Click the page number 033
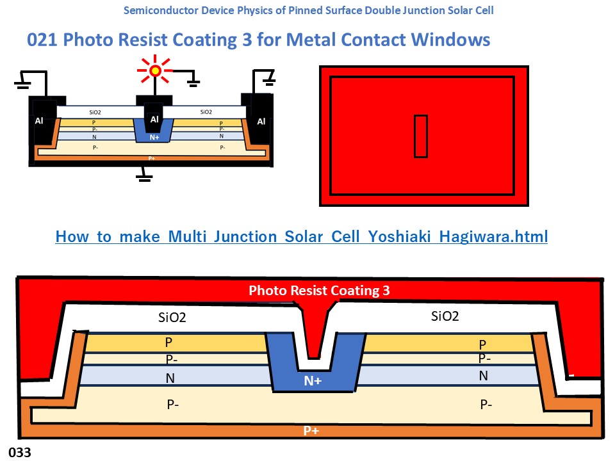pos(20,452)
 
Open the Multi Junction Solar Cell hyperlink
pos(302,236)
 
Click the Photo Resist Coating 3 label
pos(319,290)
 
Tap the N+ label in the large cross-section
pos(313,381)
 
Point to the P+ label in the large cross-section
pos(311,430)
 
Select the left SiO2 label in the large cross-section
pos(172,317)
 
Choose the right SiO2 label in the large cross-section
pos(445,316)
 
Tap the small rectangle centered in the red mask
pos(420,136)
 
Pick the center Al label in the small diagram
pos(154,119)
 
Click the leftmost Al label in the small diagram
pos(40,121)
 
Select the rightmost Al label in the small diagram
pos(261,121)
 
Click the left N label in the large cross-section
pos(170,378)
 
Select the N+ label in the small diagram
pos(154,136)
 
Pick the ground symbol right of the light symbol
pos(192,82)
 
